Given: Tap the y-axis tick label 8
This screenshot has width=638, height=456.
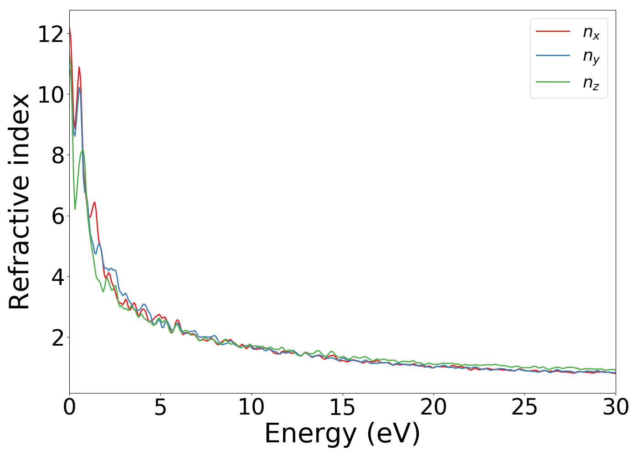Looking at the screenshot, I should coord(57,155).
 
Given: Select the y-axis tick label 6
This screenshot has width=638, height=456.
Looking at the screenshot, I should coord(57,216).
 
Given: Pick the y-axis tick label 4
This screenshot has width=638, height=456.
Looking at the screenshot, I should coord(57,277).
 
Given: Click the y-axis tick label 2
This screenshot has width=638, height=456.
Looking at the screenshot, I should coord(57,337).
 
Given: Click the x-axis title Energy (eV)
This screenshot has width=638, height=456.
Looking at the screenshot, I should coord(342,434).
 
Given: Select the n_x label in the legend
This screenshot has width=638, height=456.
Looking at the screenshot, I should coord(591,32).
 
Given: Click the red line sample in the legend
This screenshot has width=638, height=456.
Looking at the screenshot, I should coord(553,31).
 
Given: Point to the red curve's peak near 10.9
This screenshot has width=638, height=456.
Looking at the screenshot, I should coord(79,67).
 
